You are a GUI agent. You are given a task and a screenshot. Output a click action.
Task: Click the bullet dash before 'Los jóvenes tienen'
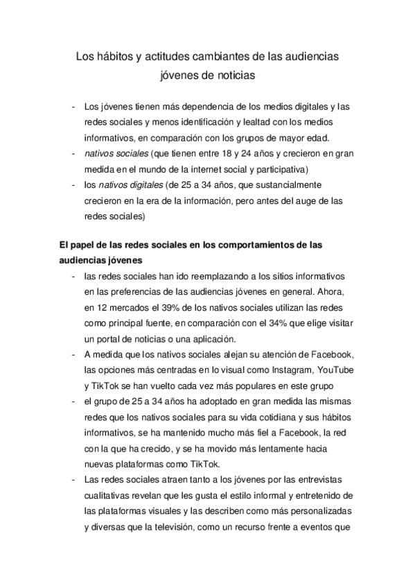click(73, 107)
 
